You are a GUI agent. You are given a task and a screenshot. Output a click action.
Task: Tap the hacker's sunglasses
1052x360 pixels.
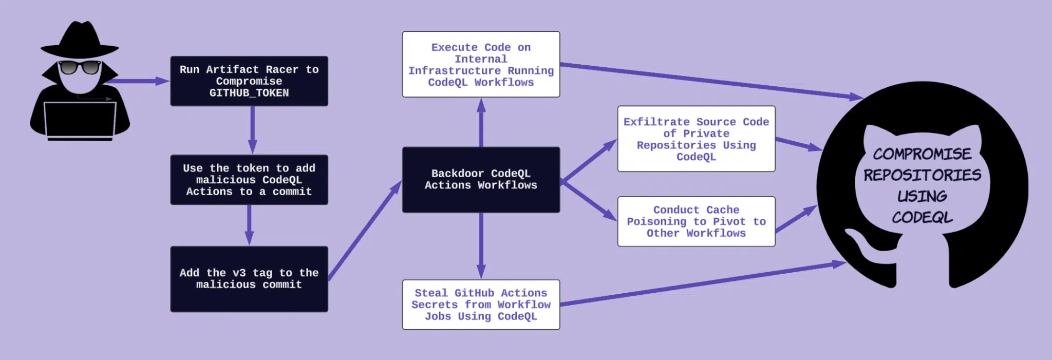coord(80,67)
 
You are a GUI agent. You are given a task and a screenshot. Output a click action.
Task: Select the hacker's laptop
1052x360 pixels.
coord(80,121)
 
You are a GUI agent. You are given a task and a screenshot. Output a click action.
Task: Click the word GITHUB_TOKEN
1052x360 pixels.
coord(249,93)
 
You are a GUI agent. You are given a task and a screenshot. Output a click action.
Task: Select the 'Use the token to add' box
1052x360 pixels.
coord(249,180)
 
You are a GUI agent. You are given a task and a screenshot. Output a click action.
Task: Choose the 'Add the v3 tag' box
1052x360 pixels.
coord(249,279)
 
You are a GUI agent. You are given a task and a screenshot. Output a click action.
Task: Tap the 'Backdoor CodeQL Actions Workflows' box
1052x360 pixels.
coord(481,179)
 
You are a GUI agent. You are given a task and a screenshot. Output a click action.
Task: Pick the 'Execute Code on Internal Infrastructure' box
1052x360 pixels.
coord(481,64)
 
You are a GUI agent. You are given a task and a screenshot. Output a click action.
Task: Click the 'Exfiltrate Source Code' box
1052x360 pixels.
coord(696,139)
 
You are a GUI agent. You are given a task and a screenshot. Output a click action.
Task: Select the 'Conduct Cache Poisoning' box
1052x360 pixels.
coord(696,221)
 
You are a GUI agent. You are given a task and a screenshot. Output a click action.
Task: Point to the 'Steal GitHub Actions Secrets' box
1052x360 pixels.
coord(481,305)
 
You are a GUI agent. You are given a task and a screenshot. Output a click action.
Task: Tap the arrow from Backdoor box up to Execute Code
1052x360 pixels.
coord(481,123)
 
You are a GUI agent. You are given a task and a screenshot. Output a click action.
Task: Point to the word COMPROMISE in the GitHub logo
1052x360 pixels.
coord(922,154)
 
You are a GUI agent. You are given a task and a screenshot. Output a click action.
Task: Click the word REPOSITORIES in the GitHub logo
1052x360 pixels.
coord(922,175)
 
